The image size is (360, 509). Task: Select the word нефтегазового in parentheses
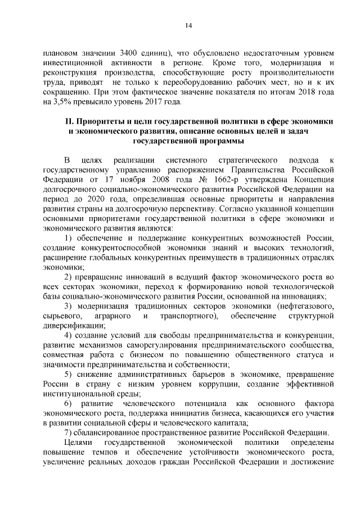tap(307, 305)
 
